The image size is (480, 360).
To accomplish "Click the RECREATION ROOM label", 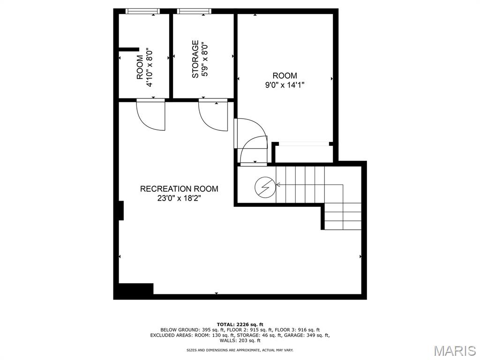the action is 179,188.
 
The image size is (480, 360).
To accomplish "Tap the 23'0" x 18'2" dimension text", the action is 179,198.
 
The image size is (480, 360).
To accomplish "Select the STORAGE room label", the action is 195,59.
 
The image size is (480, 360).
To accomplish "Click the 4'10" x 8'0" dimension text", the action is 150,67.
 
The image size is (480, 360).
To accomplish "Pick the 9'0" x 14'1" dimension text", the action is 285,85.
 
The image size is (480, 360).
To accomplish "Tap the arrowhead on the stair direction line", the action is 278,185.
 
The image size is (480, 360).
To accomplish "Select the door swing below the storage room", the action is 213,115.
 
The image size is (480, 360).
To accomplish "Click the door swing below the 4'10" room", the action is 150,114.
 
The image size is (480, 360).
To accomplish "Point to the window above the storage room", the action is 195,11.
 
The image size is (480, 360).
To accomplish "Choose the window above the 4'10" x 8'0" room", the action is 142,11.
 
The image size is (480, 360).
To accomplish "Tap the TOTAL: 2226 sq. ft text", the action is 240,324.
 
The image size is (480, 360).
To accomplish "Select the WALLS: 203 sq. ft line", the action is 240,340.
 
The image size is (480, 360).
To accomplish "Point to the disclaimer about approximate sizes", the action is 240,350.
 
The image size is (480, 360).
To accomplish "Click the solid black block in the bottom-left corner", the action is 134,291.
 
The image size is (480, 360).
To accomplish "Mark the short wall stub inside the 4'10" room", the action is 129,49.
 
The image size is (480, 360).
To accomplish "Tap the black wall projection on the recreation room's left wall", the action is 121,210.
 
